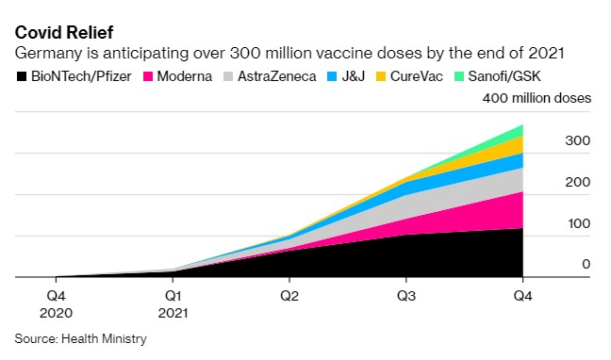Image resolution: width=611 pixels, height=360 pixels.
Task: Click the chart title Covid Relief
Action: pos(64,32)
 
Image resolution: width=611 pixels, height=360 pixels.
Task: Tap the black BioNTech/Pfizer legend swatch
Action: pos(22,76)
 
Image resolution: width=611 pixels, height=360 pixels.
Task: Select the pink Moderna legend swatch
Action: pos(148,76)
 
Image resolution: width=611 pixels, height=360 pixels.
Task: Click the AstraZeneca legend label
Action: pos(276,76)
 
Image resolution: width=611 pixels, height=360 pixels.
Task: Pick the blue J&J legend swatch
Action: pos(332,76)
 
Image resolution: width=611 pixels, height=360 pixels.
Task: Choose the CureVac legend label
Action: pos(417,76)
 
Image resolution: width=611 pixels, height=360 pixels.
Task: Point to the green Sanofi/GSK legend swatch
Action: pos(459,76)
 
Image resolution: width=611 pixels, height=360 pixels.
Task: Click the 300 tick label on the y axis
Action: pos(577,140)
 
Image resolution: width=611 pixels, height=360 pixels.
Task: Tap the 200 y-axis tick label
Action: pos(577,182)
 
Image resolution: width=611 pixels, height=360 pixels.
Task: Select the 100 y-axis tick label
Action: pos(579,223)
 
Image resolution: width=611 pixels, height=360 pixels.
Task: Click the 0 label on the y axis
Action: pos(586,264)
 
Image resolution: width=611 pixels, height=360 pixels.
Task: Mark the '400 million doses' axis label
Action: pos(537,98)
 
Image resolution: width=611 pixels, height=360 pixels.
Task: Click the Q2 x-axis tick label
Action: pos(289,296)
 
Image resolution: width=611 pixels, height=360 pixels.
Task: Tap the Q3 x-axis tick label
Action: pos(406,296)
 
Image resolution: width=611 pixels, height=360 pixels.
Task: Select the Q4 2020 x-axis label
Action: pos(57,304)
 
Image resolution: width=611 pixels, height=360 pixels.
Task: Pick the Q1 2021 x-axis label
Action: pos(173,304)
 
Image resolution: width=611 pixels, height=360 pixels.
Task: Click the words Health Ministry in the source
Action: pos(104,338)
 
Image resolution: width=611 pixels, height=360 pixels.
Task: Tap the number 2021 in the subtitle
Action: pos(546,53)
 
